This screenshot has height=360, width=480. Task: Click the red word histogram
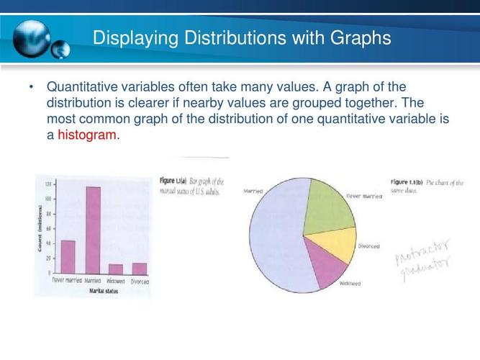86,135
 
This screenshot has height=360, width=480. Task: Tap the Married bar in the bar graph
93,230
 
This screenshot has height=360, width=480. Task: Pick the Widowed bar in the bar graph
116,269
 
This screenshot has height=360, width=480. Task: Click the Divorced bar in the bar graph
140,268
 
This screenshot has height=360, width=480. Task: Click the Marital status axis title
103,292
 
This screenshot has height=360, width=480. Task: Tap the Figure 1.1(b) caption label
405,182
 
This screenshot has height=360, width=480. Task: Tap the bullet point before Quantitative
32,87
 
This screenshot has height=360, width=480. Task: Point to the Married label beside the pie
253,192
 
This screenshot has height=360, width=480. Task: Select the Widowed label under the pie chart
350,284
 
